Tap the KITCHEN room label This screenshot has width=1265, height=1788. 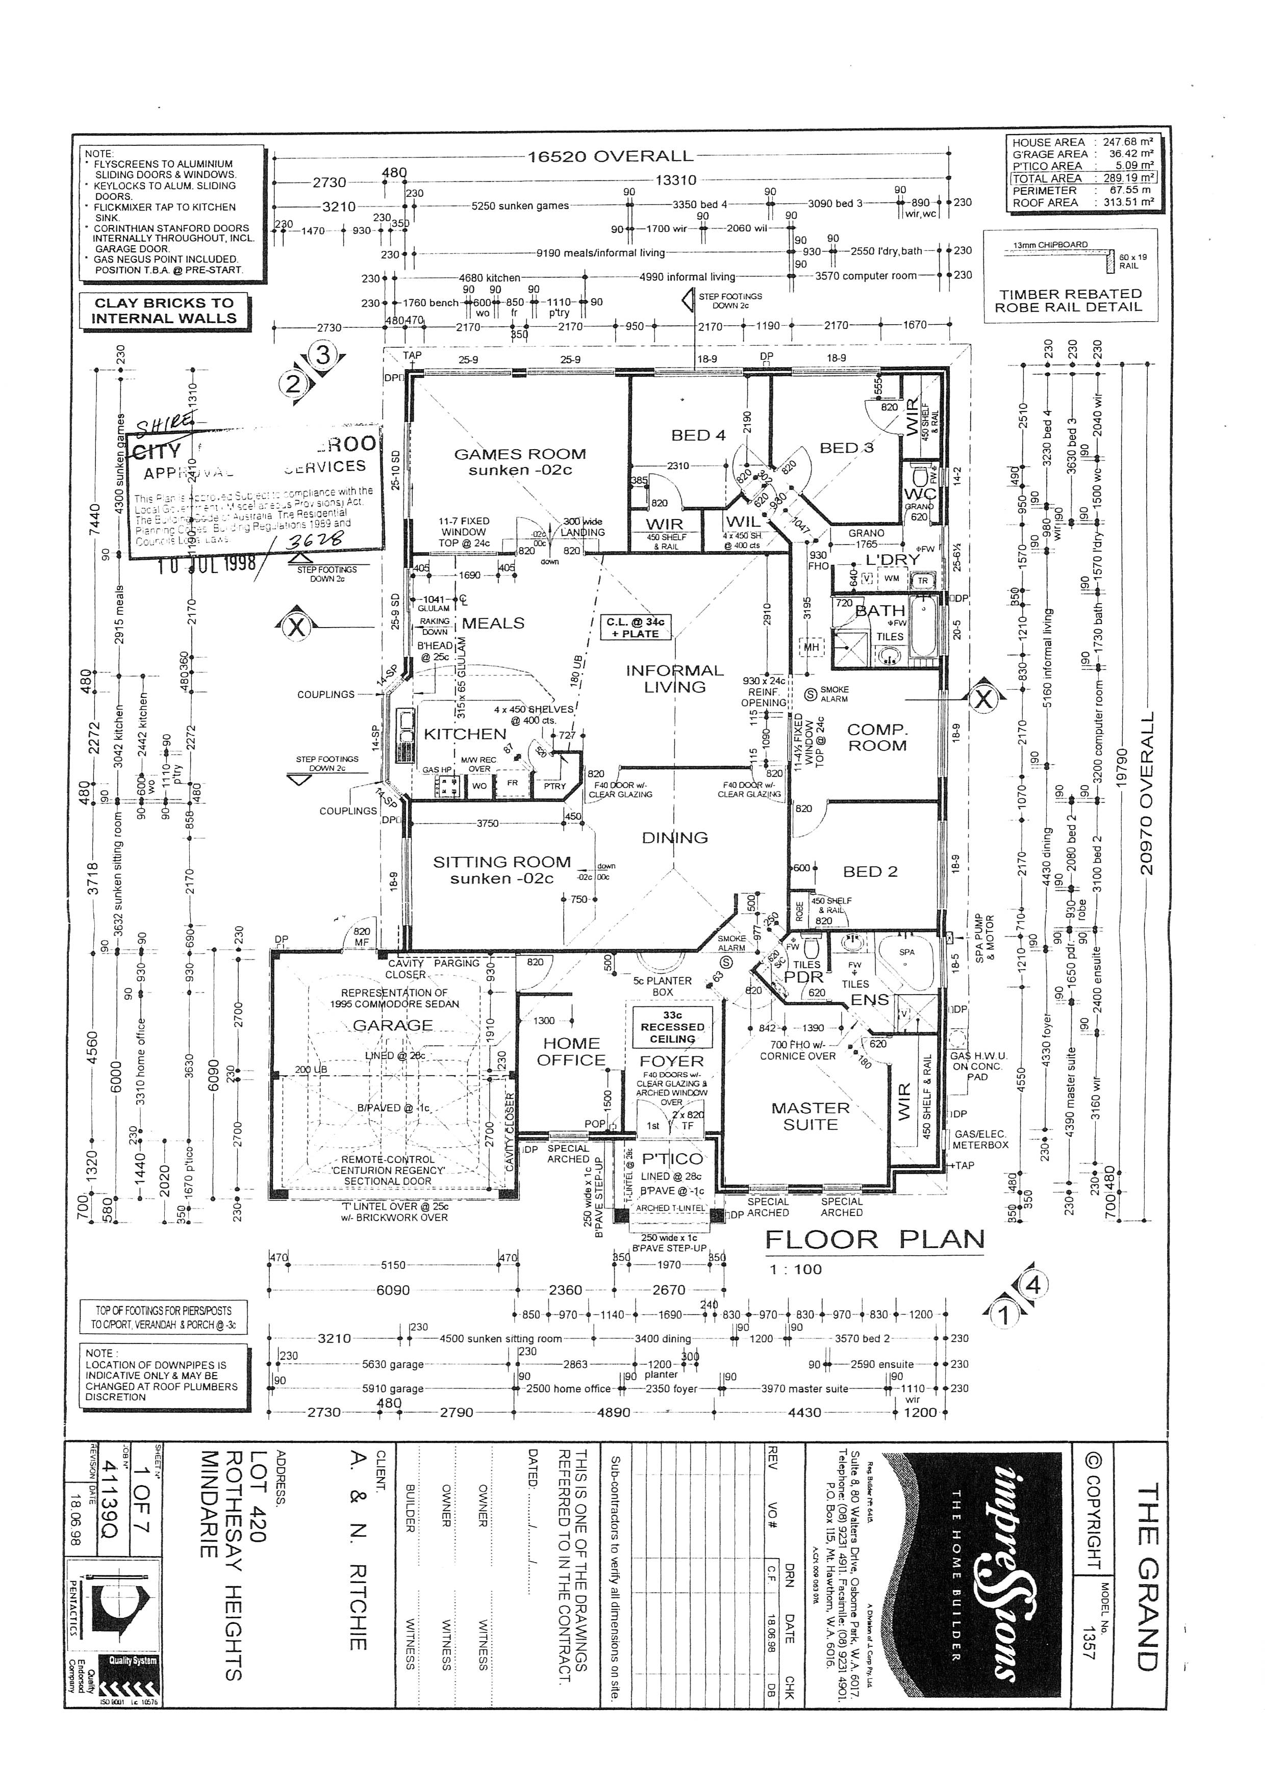(465, 734)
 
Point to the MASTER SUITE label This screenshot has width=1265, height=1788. (810, 1116)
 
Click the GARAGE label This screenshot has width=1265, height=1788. (393, 1025)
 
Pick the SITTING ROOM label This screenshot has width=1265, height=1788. (501, 870)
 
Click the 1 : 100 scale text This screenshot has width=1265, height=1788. (796, 1269)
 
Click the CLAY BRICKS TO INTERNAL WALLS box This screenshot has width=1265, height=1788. (164, 310)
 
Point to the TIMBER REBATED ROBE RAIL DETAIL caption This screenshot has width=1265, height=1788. (1070, 301)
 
